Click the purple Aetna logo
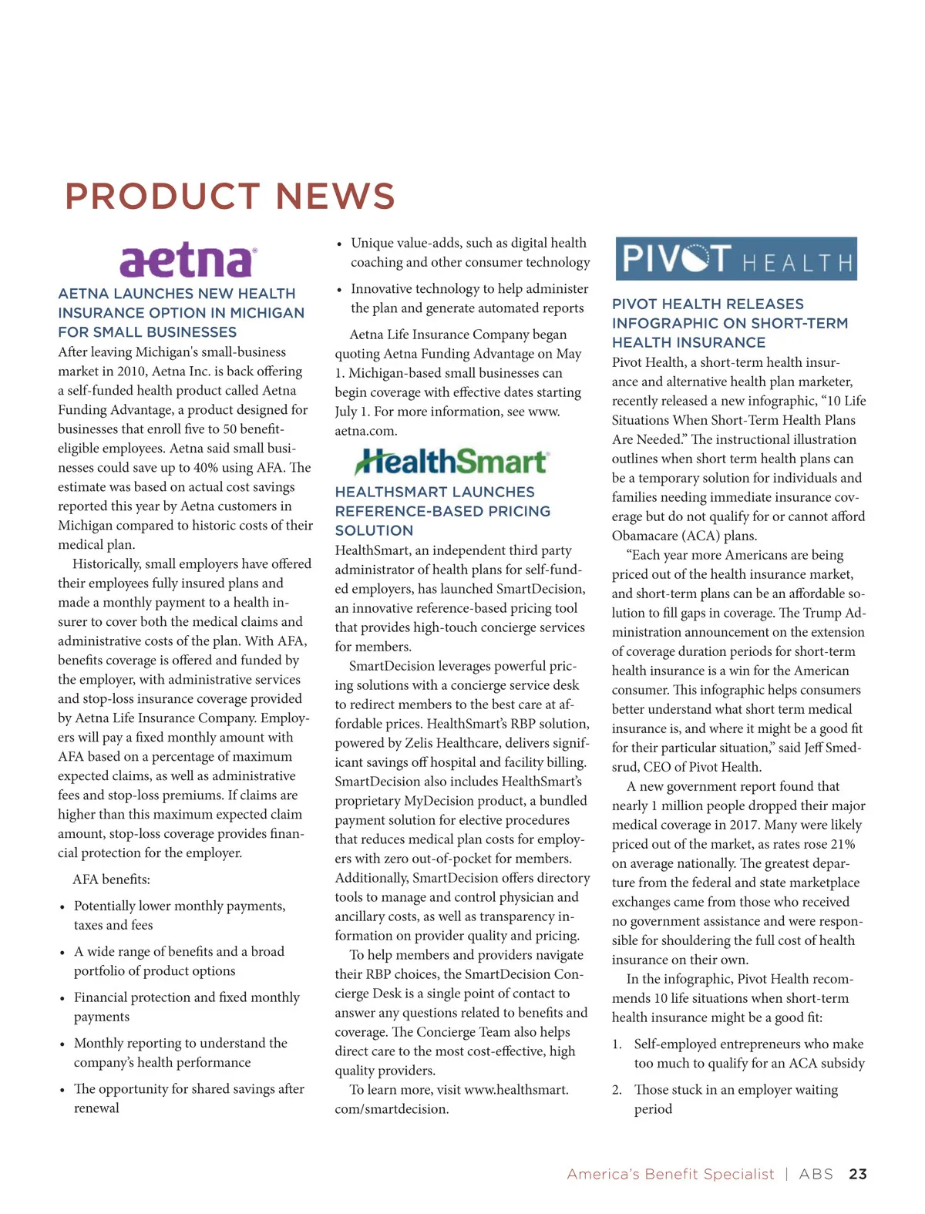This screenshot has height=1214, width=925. pos(187,261)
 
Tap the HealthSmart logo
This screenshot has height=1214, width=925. pos(452,462)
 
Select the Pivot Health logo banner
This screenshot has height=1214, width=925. pos(736,259)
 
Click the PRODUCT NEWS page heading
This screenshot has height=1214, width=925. pos(230,197)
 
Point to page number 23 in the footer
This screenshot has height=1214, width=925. pos(857,1174)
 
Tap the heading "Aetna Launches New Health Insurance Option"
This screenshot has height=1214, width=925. pos(181,313)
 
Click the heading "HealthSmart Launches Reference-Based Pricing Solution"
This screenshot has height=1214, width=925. pos(442,511)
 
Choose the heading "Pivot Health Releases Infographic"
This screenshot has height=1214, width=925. pos(729,323)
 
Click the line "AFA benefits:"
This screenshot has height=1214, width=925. pos(112,879)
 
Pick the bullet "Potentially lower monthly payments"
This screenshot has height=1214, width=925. pos(180,915)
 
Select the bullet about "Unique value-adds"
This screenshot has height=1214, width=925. pos(469,253)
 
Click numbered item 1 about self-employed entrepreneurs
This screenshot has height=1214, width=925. pos(748,1054)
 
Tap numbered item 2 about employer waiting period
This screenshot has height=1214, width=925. pos(735,1099)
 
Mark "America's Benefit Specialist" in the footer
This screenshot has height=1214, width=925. pos(670,1174)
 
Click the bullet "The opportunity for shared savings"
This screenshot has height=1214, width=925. pos(189,1098)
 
